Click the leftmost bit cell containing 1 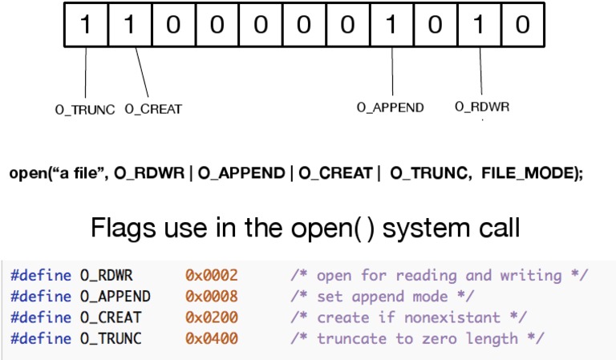[85, 25]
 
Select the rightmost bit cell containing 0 [522, 25]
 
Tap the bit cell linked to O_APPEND [391, 25]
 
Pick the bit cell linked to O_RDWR [479, 25]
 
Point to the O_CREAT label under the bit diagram [153, 109]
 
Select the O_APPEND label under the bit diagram [391, 107]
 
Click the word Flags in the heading [140, 227]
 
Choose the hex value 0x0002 [212, 276]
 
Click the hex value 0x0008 [212, 297]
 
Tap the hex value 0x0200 [212, 318]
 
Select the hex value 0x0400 [212, 338]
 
